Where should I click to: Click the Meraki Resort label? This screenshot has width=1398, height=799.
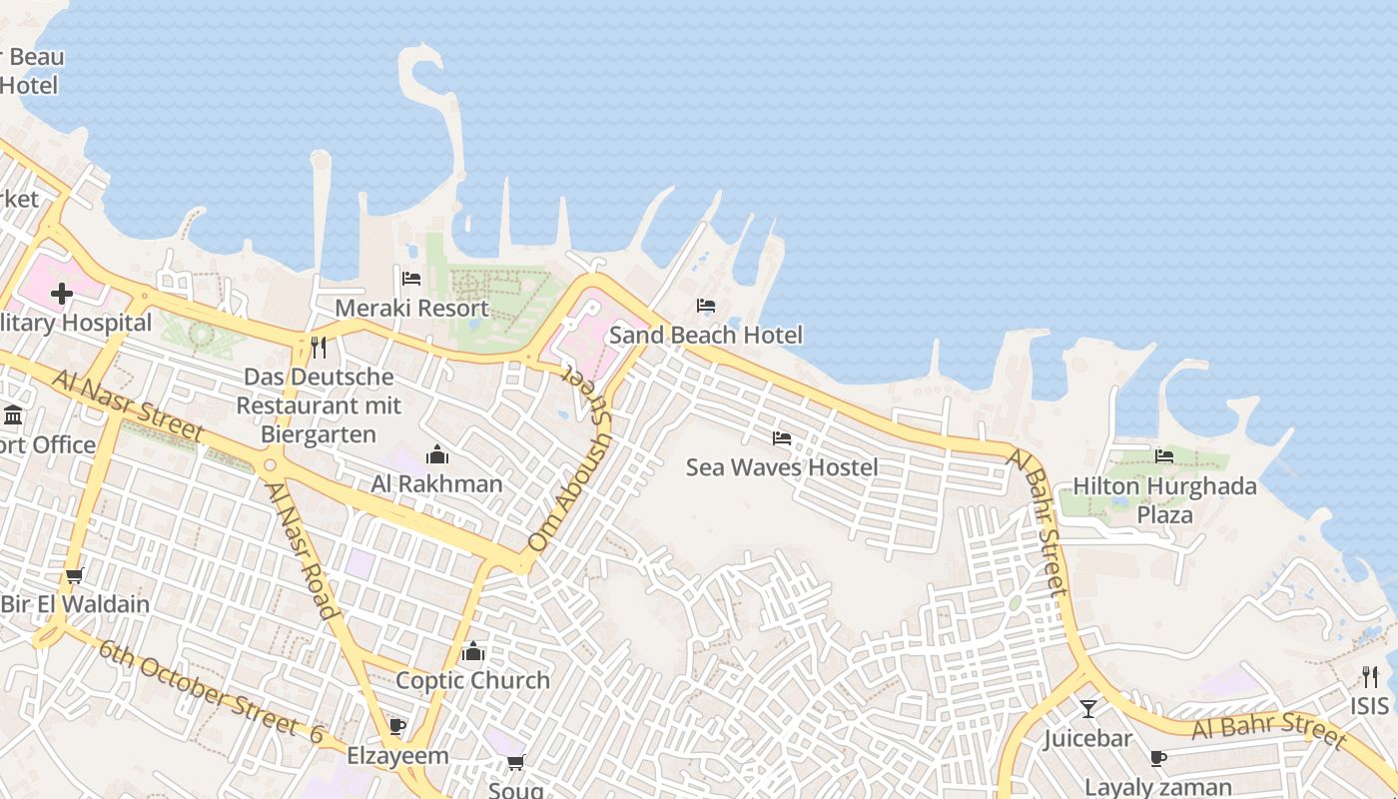point(411,308)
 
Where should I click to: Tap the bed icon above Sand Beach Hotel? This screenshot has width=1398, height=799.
point(706,306)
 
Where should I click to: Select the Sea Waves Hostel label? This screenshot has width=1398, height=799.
point(782,467)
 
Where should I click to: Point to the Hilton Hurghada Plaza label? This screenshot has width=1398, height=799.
point(1164,500)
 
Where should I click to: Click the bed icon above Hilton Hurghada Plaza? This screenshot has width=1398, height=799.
point(1164,456)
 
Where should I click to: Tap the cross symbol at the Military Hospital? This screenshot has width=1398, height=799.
point(62,294)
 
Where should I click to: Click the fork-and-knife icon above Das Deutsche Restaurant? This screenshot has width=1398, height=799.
point(319,348)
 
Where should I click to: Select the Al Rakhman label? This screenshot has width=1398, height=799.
point(436,484)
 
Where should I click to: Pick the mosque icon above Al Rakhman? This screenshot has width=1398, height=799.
point(437,455)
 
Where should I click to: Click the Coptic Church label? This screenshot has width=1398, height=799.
point(472,680)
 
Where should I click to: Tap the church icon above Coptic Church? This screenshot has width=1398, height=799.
point(473,652)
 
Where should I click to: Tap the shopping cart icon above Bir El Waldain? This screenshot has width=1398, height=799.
point(74,576)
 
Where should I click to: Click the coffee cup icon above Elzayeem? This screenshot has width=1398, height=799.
point(397,726)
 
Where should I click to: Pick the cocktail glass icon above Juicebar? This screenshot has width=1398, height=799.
point(1087,709)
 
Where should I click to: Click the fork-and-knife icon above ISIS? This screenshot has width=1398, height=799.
point(1369,677)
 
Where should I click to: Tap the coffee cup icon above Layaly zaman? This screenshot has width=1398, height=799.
point(1158,759)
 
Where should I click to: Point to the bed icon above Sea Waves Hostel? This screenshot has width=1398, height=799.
point(782,438)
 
